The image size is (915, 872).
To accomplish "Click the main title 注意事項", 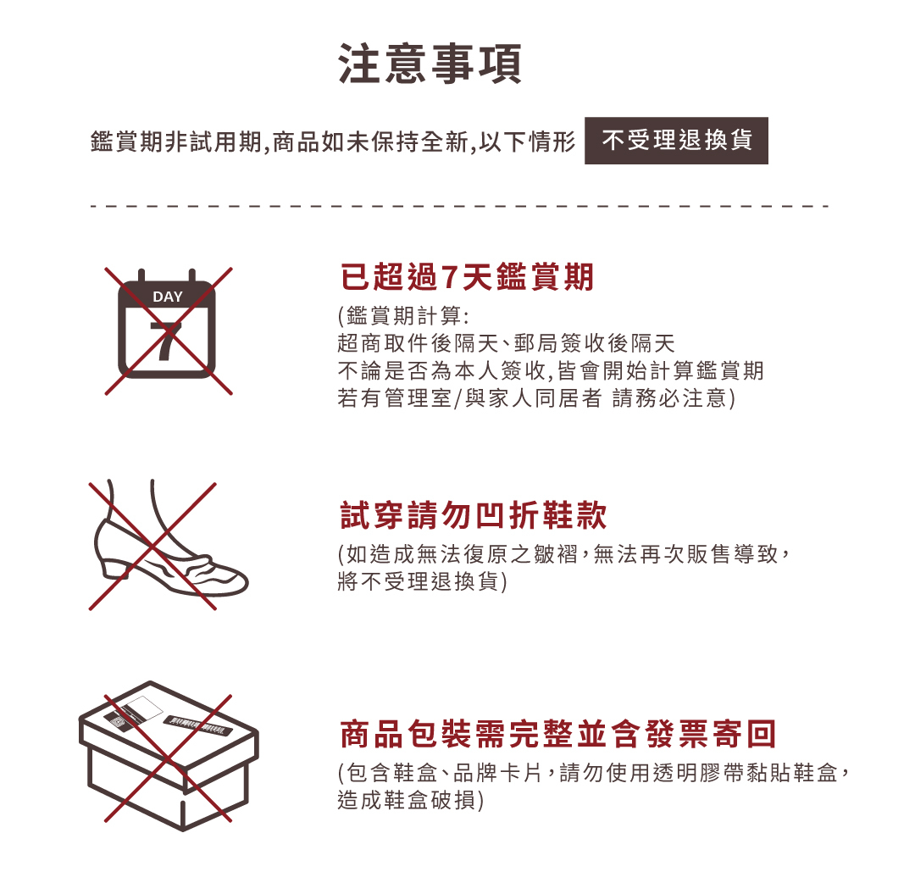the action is coord(430,64).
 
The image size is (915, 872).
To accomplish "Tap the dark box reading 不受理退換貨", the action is coord(676,141).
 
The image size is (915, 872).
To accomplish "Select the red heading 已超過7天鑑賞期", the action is coord(467,276).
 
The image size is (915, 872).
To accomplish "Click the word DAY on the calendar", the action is coord(168,297).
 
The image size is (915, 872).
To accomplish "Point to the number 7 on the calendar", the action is coord(166,342).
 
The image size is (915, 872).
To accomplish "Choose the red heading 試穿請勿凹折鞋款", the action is coord(474,514).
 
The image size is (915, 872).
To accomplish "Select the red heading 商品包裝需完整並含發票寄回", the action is coord(557,734).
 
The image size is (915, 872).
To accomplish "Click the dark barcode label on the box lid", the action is coord(197,725).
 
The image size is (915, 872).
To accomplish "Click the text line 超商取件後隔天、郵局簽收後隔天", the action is coord(507,343).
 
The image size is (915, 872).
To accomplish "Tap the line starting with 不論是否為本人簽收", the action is coord(551,370).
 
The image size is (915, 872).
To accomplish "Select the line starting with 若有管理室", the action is coord(536,398).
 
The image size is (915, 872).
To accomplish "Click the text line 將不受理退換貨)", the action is coord(423,581).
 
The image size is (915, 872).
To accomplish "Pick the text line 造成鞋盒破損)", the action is coord(411,800).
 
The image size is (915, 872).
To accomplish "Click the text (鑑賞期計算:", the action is coord(403,316).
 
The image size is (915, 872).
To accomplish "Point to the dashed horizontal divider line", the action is coord(460,206).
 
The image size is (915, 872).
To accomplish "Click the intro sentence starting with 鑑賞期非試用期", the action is coord(333,142).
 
